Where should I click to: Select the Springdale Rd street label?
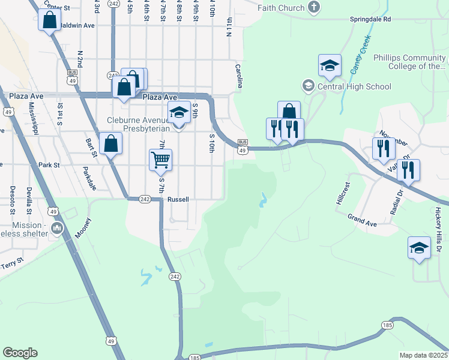click(370, 19)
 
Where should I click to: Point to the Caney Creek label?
click(360, 55)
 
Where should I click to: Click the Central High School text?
click(354, 86)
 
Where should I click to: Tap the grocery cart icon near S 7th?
click(160, 160)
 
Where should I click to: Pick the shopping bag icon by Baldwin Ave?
click(49, 20)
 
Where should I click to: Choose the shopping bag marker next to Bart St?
click(110, 143)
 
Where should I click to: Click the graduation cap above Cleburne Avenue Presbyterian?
click(178, 112)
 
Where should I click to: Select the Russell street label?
click(178, 199)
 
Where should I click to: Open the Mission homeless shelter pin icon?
click(58, 228)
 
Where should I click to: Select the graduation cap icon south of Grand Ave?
click(419, 247)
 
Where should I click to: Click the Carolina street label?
click(238, 76)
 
